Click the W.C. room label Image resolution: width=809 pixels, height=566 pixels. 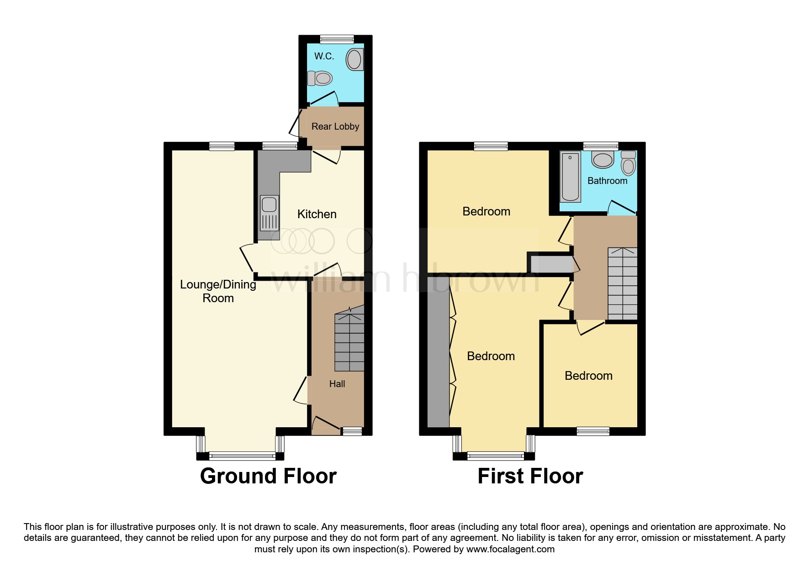324,56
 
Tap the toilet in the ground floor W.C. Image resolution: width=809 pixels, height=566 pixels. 319,79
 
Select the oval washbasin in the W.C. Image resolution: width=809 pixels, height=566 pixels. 354,60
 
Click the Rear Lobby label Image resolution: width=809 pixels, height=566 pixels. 335,126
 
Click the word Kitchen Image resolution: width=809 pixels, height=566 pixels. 317,214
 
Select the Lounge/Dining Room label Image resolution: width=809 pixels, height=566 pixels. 218,291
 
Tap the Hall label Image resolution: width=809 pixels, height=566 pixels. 337,384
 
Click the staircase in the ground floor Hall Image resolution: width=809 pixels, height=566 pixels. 349,340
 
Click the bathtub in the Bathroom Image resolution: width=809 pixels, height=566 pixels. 570,177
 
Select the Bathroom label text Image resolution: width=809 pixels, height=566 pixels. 607,181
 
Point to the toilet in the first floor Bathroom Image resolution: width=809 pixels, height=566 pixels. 629,163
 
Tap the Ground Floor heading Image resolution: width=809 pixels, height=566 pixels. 268,476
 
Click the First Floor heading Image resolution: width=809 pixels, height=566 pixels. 530,476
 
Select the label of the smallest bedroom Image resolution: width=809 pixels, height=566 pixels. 588,376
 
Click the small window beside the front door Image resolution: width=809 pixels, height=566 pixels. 352,431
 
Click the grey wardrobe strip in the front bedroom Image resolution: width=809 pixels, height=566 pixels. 438,358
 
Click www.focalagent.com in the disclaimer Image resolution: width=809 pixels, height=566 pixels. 510,549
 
